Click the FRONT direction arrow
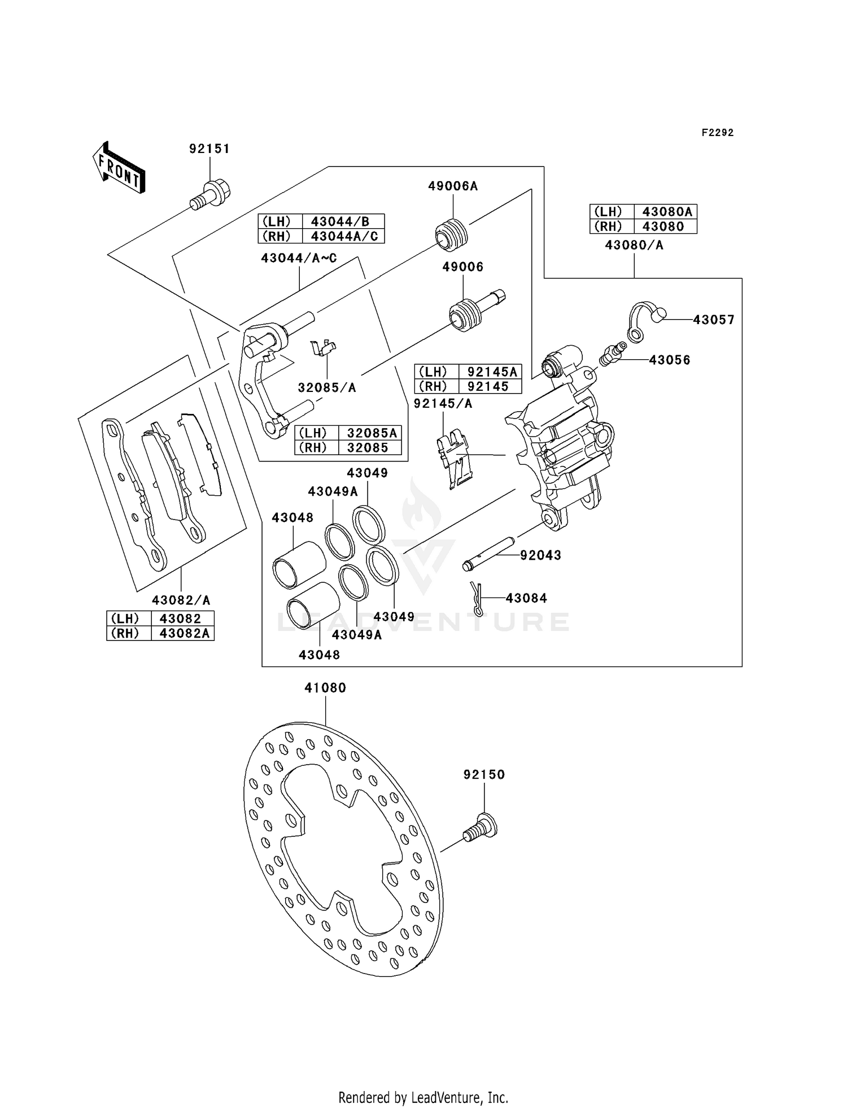click(119, 168)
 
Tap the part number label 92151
click(209, 149)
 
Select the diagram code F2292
click(718, 133)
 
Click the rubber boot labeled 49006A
click(451, 233)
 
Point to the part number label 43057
click(714, 320)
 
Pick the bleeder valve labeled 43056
click(612, 353)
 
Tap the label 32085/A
click(327, 387)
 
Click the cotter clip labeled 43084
click(477, 599)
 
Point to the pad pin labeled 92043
click(488, 556)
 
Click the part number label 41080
click(325, 688)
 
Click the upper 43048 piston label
click(292, 517)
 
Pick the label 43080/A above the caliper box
click(634, 245)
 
